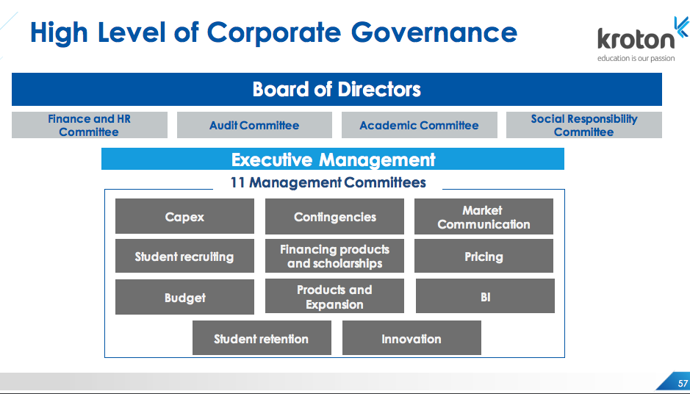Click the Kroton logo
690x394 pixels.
pyautogui.click(x=642, y=39)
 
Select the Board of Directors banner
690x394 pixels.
pyautogui.click(x=337, y=90)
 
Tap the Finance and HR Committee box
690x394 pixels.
pyautogui.click(x=90, y=125)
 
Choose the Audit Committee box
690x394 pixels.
pyautogui.click(x=254, y=125)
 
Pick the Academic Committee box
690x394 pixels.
pyautogui.click(x=420, y=125)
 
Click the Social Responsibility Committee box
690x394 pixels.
pyautogui.click(x=584, y=125)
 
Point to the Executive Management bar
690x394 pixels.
pyautogui.click(x=333, y=159)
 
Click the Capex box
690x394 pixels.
pyautogui.click(x=185, y=216)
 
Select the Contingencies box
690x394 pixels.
pyautogui.click(x=334, y=216)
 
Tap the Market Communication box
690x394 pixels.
pyautogui.click(x=484, y=216)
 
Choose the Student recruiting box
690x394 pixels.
pyautogui.click(x=185, y=256)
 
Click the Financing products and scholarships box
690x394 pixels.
pyautogui.click(x=334, y=256)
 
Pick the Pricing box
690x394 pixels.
pyautogui.click(x=484, y=256)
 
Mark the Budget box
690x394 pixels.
pyautogui.click(x=185, y=297)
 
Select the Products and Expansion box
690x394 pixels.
pyautogui.click(x=334, y=295)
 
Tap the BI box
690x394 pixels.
pyautogui.click(x=485, y=295)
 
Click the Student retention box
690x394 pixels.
pyautogui.click(x=262, y=337)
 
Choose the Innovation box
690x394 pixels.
pyautogui.click(x=412, y=337)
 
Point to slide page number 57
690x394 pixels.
pyautogui.click(x=683, y=384)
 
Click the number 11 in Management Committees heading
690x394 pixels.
pyautogui.click(x=237, y=183)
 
